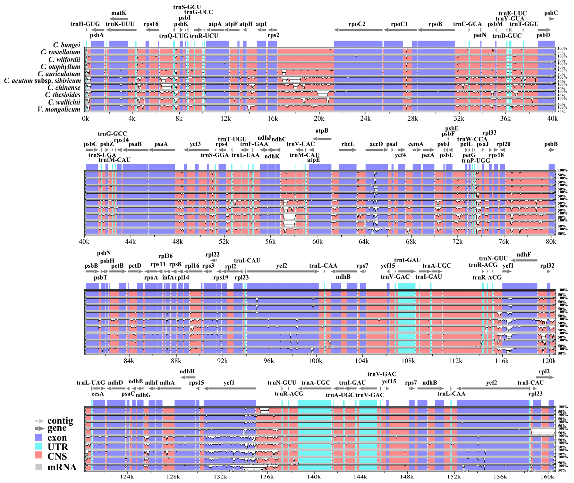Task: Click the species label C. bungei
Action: [67, 45]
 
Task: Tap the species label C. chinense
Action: [64, 88]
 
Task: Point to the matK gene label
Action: [119, 13]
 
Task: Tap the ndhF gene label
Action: [524, 254]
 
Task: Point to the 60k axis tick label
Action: [317, 242]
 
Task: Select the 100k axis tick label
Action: [315, 361]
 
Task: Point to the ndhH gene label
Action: [187, 371]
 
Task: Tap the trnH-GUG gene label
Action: [85, 24]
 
